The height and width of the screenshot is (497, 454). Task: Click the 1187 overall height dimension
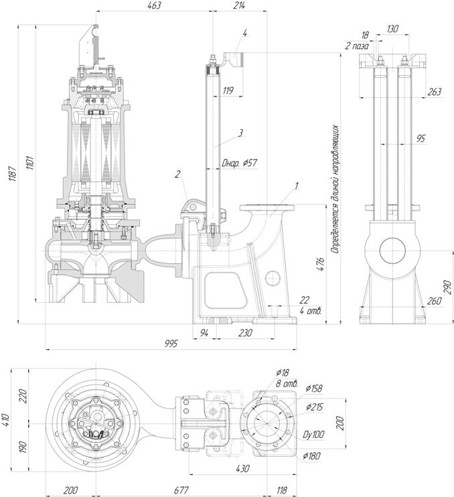click(x=13, y=173)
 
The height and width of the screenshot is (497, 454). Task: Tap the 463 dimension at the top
click(x=154, y=5)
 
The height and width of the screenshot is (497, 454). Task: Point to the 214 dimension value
click(x=240, y=5)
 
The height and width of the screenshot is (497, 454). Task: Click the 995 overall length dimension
click(x=171, y=344)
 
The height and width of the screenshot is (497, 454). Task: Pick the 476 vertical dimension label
click(x=320, y=264)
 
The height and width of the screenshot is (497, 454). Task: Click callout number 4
click(x=245, y=33)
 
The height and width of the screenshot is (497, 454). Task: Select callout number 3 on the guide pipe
click(x=240, y=133)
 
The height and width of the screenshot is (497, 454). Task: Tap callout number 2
click(x=177, y=173)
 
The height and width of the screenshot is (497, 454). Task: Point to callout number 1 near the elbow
click(x=297, y=186)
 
